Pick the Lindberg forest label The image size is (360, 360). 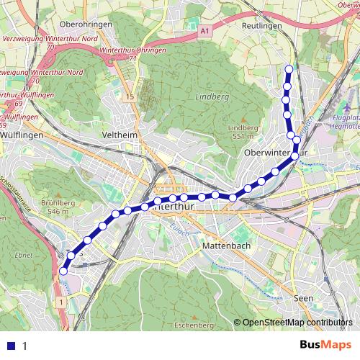(210, 96)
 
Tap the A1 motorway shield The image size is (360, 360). (205, 31)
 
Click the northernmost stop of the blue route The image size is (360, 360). (289, 69)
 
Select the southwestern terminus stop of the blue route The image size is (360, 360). (63, 271)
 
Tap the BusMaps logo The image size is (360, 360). (320, 346)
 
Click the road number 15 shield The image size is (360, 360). (127, 96)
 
